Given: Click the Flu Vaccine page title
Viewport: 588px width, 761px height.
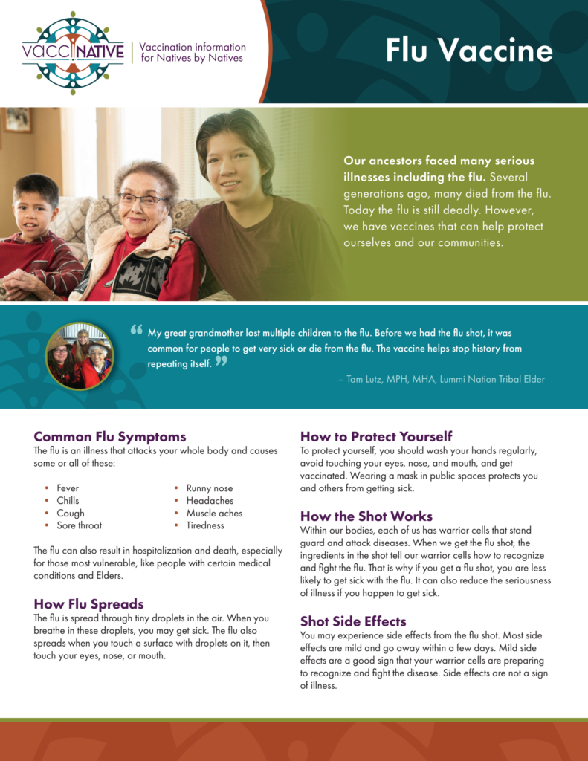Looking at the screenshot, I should coord(468,50).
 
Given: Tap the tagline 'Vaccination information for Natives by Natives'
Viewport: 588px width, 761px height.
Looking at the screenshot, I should coord(192,52).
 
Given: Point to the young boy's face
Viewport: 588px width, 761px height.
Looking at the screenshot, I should coord(34,206).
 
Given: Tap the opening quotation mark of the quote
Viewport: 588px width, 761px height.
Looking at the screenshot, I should coord(136,329).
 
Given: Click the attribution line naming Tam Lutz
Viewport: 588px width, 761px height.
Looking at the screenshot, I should coord(441,379).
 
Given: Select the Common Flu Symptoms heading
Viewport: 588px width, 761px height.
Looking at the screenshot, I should coord(110,436).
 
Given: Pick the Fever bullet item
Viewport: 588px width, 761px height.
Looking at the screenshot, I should coord(68,488).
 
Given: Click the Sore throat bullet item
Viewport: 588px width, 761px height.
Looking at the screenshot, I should coord(79,525).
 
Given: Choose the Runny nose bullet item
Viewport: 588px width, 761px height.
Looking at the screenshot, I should coord(209,488).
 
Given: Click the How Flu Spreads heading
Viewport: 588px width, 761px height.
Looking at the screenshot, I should coord(88,603).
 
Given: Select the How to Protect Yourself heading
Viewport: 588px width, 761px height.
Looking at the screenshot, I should coord(376,436).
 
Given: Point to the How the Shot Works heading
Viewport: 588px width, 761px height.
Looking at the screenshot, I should coord(366,516).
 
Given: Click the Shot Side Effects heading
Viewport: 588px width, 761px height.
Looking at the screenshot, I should coord(353,621).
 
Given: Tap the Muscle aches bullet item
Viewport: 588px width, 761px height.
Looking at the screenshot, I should coord(214,513).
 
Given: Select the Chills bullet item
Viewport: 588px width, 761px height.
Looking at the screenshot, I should coord(68,501).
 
